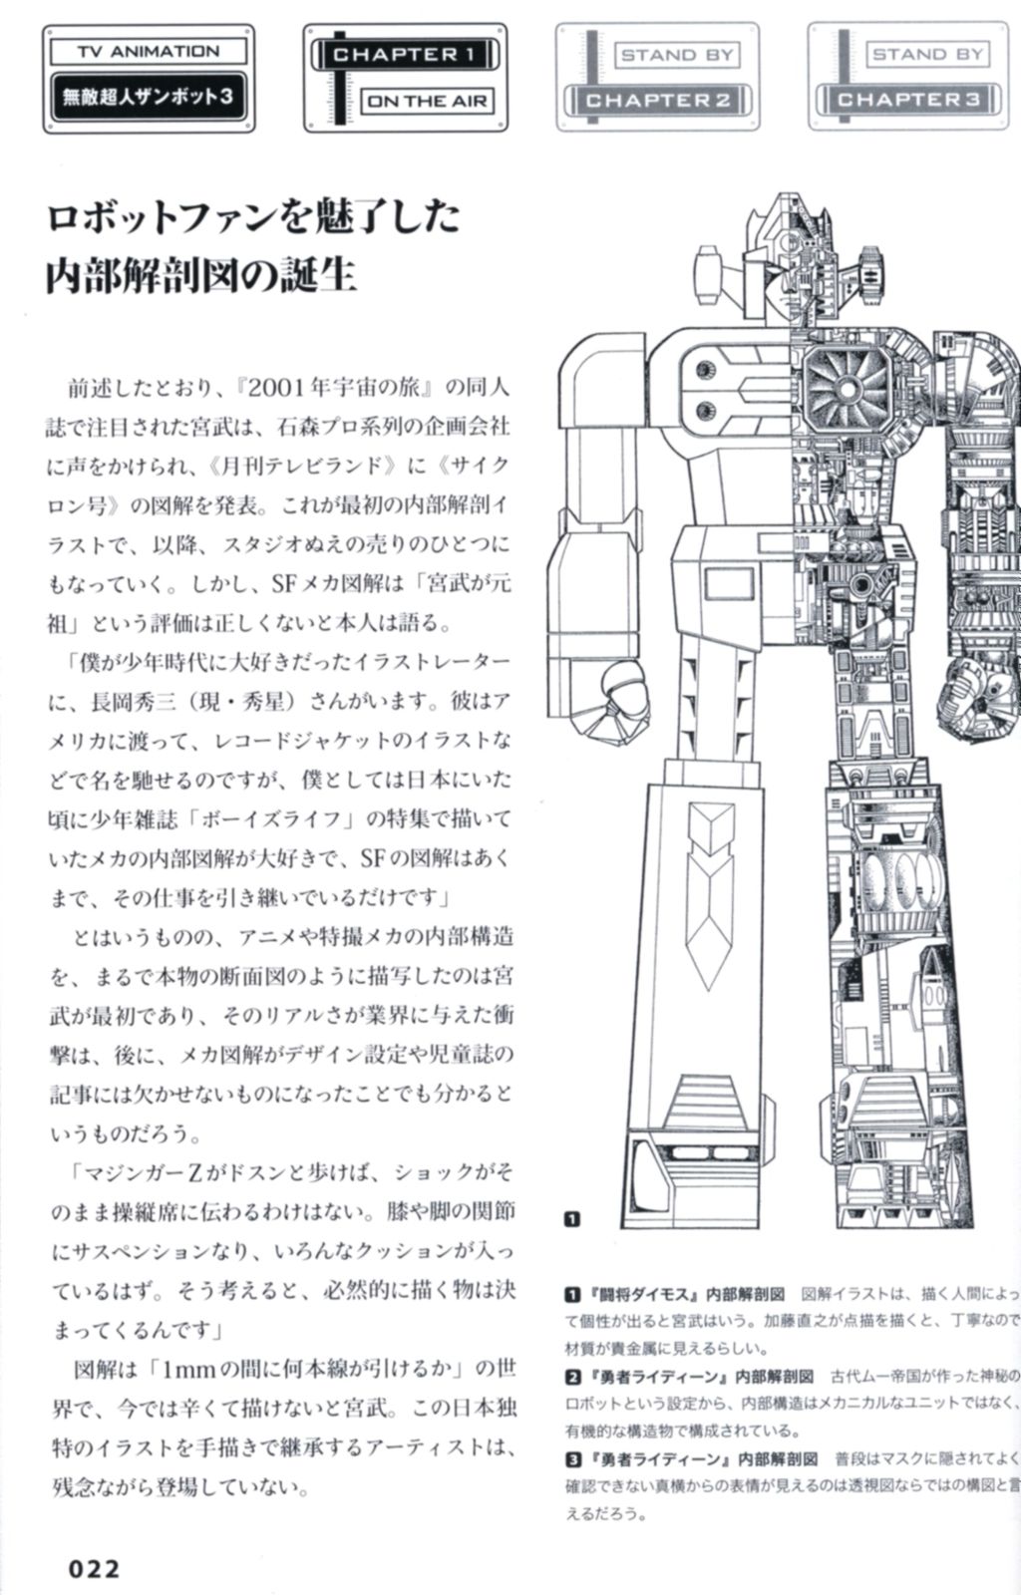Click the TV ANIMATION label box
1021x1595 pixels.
click(x=148, y=51)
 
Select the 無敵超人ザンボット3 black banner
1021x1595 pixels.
click(x=148, y=98)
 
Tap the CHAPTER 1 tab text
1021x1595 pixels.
click(x=404, y=55)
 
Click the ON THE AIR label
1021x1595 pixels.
click(x=426, y=101)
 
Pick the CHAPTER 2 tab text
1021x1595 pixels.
click(x=658, y=100)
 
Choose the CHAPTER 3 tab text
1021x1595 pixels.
click(x=909, y=100)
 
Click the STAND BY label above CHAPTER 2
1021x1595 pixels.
click(x=677, y=55)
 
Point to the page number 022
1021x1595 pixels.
click(x=94, y=1568)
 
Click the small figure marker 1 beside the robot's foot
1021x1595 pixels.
click(x=572, y=1218)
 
